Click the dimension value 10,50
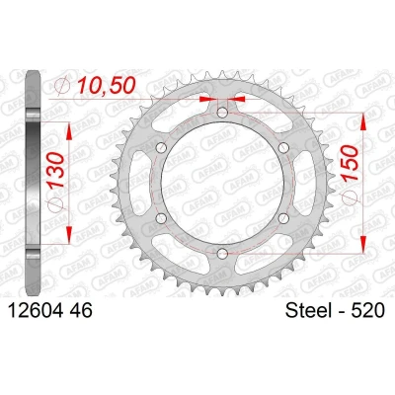(106, 86)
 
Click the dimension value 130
(56, 170)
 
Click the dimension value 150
(350, 163)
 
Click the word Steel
(309, 310)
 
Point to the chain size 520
(367, 310)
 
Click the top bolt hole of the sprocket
(222, 113)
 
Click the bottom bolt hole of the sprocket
(223, 253)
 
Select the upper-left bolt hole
(161, 148)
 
